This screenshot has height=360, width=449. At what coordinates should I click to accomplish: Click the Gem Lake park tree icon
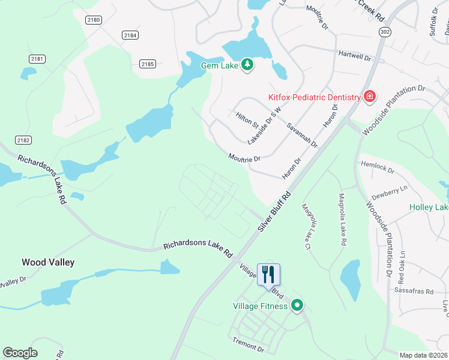pyautogui.click(x=247, y=64)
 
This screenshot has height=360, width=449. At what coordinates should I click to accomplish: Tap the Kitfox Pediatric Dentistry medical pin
pyautogui.click(x=369, y=97)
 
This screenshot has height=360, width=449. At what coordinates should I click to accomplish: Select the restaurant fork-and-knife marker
pyautogui.click(x=268, y=274)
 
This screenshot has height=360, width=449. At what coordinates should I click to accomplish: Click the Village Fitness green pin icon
pyautogui.click(x=296, y=306)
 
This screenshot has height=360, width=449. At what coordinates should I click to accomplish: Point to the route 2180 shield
pyautogui.click(x=93, y=20)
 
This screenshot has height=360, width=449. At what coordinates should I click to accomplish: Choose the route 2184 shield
pyautogui.click(x=130, y=35)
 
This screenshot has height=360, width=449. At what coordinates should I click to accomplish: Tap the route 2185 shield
pyautogui.click(x=147, y=64)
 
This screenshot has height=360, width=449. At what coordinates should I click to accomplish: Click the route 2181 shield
pyautogui.click(x=37, y=59)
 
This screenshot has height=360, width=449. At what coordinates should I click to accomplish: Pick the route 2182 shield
pyautogui.click(x=23, y=140)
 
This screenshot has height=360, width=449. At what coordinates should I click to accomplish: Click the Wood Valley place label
pyautogui.click(x=47, y=262)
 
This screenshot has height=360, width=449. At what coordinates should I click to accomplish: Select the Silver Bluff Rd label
pyautogui.click(x=274, y=212)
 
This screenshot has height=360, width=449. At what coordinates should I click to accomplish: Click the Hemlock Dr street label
pyautogui.click(x=377, y=167)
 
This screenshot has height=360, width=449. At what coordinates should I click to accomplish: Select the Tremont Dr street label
pyautogui.click(x=248, y=344)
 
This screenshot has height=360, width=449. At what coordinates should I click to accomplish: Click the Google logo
pyautogui.click(x=20, y=353)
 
